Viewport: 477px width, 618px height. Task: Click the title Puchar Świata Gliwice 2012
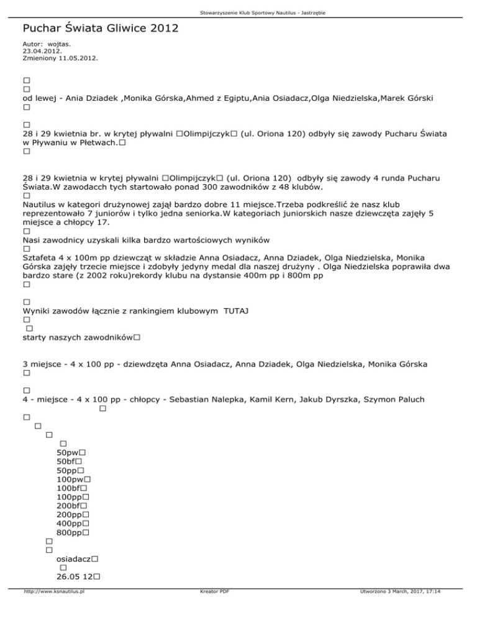(x=100, y=28)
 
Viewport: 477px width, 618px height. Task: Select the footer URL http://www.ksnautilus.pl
(x=54, y=609)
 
